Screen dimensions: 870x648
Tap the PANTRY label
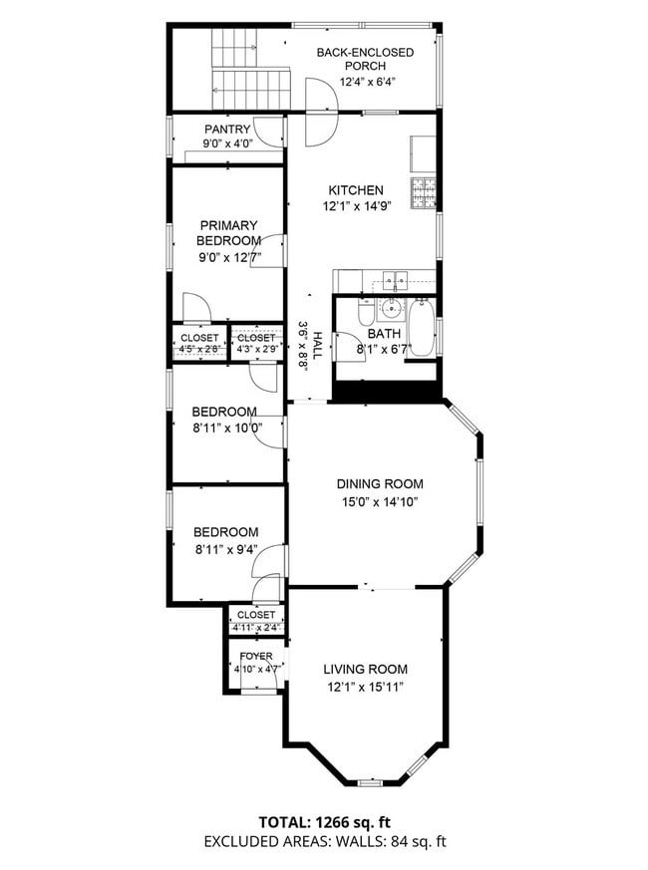pyautogui.click(x=227, y=130)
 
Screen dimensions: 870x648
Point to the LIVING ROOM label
pyautogui.click(x=365, y=670)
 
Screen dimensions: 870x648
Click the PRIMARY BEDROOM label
pyautogui.click(x=228, y=233)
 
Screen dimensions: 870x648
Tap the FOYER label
pyautogui.click(x=255, y=656)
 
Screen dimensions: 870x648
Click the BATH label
pyautogui.click(x=383, y=334)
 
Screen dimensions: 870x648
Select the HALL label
pyautogui.click(x=317, y=345)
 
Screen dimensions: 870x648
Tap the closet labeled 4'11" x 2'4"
pyautogui.click(x=255, y=621)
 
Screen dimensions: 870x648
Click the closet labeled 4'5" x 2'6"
pyautogui.click(x=199, y=344)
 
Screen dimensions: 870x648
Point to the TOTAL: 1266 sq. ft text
pyautogui.click(x=323, y=823)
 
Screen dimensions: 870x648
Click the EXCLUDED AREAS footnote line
pyautogui.click(x=323, y=842)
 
